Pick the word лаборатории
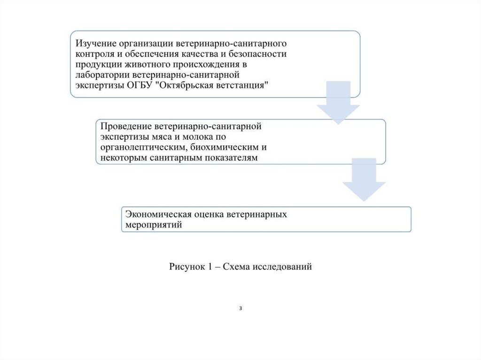coord(97,75)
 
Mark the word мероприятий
coord(153,225)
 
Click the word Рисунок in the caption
coord(185,267)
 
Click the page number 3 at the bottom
coord(240,308)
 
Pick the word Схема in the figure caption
coord(236,267)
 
